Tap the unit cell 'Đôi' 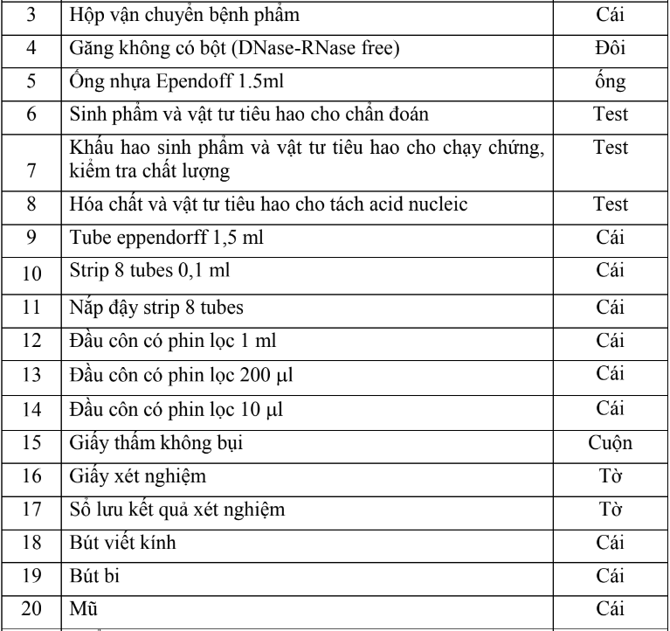[x=610, y=47]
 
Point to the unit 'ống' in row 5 [x=610, y=81]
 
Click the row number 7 [x=31, y=170]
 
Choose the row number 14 [x=31, y=409]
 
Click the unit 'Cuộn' [x=610, y=441]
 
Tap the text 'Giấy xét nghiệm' [x=126, y=475]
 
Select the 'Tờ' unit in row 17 [x=610, y=509]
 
